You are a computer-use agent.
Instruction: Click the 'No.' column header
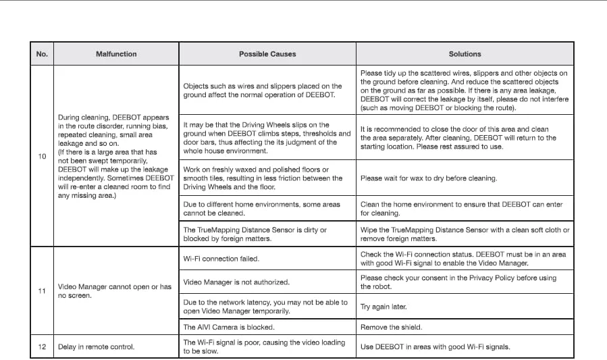(42, 54)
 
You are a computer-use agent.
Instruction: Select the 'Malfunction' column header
(116, 54)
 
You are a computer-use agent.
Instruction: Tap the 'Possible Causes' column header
(267, 54)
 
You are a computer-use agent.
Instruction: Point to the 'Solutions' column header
(465, 54)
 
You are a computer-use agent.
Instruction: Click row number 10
(42, 155)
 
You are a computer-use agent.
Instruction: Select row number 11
(42, 291)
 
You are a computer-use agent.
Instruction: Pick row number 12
(42, 346)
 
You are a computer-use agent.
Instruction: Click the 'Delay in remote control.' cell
(97, 346)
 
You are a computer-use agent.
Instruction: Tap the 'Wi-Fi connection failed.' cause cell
(221, 259)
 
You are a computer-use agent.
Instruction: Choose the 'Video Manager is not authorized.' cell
(236, 282)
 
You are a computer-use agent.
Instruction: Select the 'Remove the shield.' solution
(391, 327)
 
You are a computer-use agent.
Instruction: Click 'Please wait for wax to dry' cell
(429, 178)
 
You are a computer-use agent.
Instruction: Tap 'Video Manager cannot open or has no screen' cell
(115, 291)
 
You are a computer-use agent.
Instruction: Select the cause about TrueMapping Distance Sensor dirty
(255, 234)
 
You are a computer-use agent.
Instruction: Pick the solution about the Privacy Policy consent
(458, 282)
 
